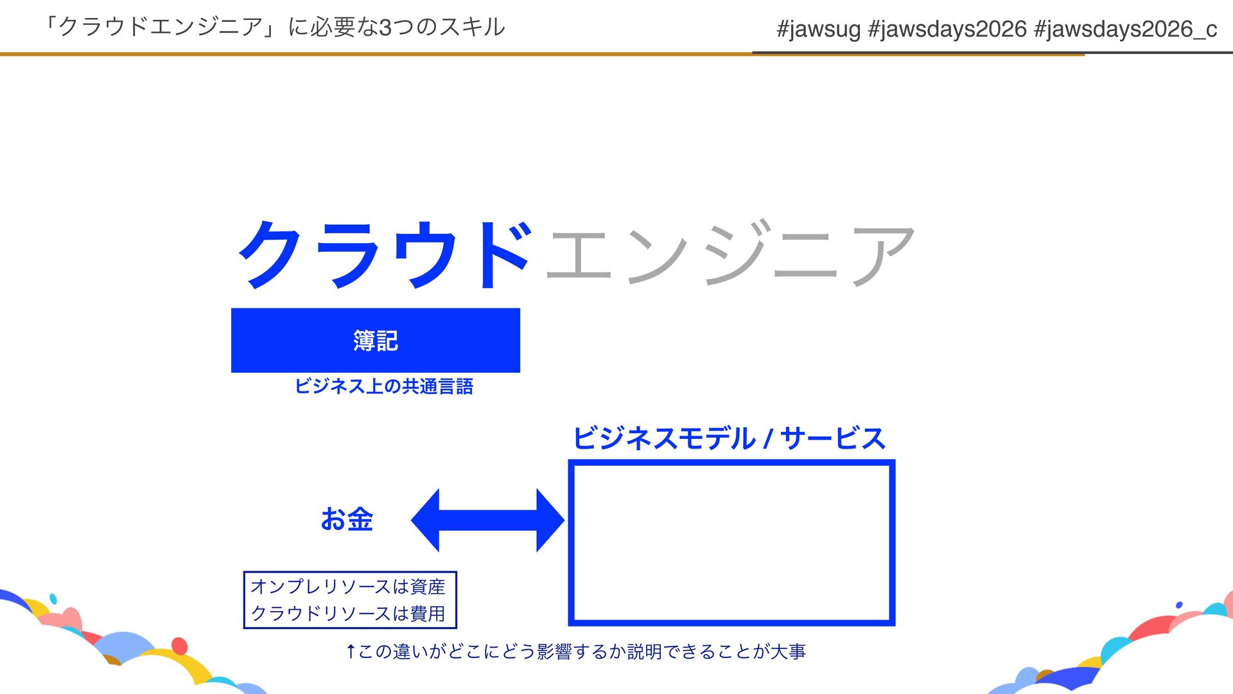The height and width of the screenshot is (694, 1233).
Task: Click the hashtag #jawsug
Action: (x=818, y=29)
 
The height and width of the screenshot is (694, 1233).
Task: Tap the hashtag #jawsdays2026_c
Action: (x=1125, y=29)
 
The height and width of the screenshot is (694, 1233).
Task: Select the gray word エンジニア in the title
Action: (x=730, y=254)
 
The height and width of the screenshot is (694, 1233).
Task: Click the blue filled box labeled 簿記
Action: (x=376, y=340)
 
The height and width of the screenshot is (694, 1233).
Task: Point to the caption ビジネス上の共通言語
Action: (x=383, y=386)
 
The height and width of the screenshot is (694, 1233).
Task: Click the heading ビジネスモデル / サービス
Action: (x=728, y=438)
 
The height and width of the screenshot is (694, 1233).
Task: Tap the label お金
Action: (x=347, y=519)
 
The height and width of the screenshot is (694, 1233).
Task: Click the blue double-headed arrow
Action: (x=487, y=520)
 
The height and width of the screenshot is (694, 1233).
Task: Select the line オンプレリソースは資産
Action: (x=347, y=586)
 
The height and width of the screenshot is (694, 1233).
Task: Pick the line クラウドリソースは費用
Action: (x=347, y=613)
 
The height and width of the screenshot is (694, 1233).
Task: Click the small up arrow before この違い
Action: (x=351, y=652)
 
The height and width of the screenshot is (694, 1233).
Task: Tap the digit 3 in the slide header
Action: (x=385, y=28)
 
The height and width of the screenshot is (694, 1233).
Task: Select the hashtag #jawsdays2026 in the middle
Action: (x=947, y=29)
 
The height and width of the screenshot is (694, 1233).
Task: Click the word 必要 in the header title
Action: (x=330, y=28)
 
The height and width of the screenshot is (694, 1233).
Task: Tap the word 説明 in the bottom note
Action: (x=644, y=652)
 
